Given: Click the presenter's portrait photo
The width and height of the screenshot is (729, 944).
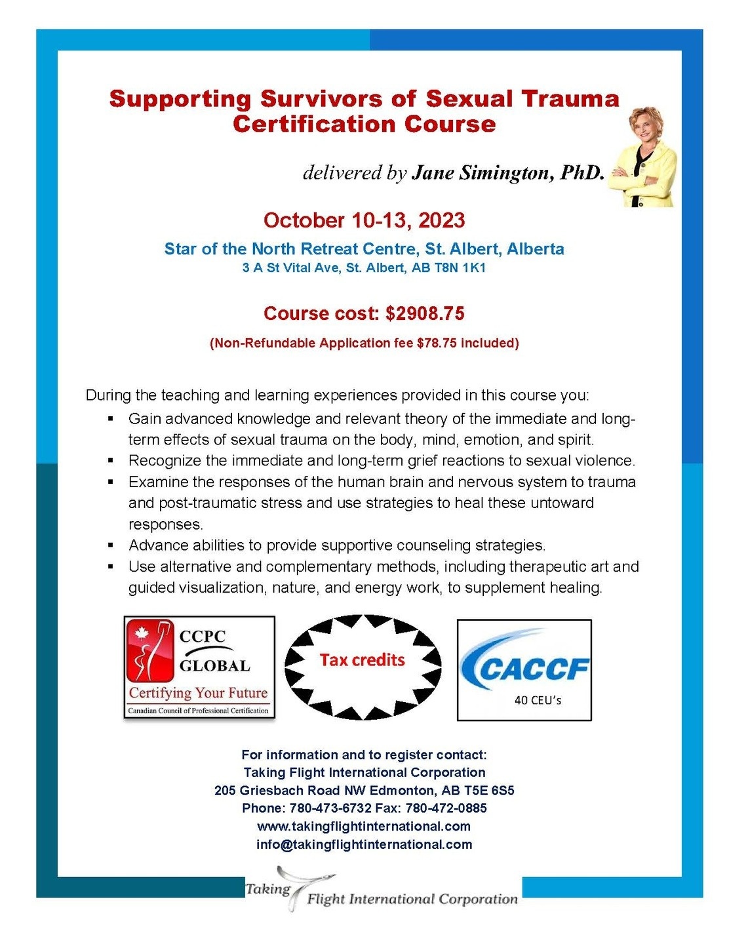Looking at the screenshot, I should point(642,157).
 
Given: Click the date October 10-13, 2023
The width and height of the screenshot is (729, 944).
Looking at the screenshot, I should point(364,220).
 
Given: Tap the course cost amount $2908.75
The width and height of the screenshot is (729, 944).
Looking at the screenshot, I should point(425,313).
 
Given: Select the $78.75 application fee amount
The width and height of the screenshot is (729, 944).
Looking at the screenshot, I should point(436,343).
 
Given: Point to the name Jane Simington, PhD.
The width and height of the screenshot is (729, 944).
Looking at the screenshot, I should point(507,172).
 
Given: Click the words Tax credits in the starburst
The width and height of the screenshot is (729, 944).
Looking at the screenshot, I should point(363,659).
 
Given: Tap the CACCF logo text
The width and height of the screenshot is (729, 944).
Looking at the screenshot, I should point(534,669).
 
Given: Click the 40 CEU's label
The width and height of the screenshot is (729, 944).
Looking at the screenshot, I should point(538,700).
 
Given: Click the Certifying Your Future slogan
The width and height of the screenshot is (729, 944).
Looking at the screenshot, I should point(199,693).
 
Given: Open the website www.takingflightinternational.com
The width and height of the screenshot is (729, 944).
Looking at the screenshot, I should point(364,826).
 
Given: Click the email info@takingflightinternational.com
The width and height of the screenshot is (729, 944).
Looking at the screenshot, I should point(364,844).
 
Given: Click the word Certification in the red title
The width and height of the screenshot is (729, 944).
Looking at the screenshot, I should point(314,124).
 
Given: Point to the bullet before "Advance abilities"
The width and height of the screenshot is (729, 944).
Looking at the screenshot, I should point(111,545).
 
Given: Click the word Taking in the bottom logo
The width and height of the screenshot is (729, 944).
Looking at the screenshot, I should point(267,889).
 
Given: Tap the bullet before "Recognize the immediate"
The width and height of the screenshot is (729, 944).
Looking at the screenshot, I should point(111,460).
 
